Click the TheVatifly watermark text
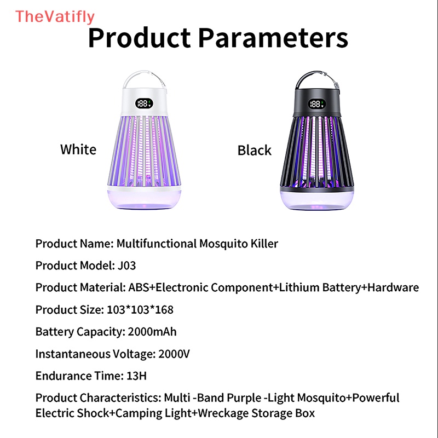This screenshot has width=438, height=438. pos(55,17)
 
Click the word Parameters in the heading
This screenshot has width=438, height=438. pos(272,39)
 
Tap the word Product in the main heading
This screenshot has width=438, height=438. pos(139,39)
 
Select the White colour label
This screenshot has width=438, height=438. pos(78,149)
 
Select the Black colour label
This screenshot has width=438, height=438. pos(254,150)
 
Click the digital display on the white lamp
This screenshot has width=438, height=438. pos(144,103)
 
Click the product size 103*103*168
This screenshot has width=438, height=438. pos(139,310)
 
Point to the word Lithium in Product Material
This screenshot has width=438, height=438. pos(295,287)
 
